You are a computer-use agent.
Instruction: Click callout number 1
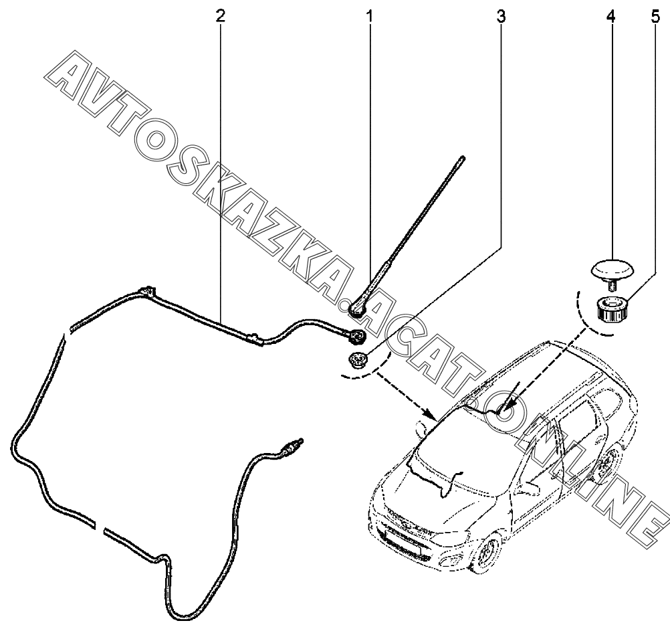(368, 16)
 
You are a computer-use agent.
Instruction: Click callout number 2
(220, 16)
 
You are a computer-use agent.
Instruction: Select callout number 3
(501, 16)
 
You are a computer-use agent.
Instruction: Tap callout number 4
(610, 16)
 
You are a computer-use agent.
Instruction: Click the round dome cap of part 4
(612, 269)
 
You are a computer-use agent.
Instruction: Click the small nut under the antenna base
(356, 361)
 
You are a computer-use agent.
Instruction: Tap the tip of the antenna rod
(463, 158)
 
